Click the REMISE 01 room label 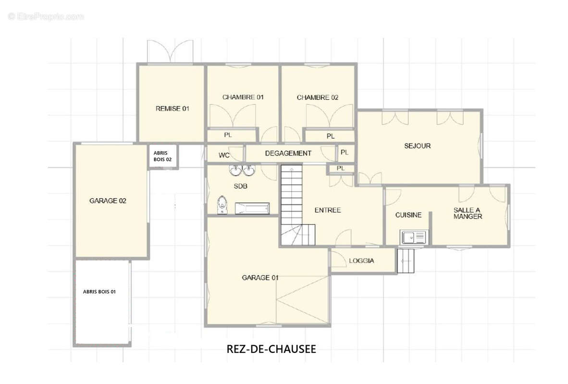[x=172, y=108]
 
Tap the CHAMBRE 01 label [x=243, y=97]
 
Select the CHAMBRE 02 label [x=317, y=97]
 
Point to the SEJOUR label [x=417, y=146]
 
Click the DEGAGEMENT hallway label [x=288, y=154]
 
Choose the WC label [x=224, y=156]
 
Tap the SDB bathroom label [x=240, y=186]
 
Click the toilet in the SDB [x=222, y=204]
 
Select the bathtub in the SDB [x=252, y=209]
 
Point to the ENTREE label [x=327, y=210]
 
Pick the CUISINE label [x=408, y=215]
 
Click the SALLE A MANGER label [x=468, y=213]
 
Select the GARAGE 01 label [x=260, y=277]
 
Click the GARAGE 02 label [x=108, y=201]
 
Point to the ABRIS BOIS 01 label [x=99, y=291]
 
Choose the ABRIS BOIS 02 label [x=162, y=156]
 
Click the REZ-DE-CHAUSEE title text [x=271, y=349]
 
